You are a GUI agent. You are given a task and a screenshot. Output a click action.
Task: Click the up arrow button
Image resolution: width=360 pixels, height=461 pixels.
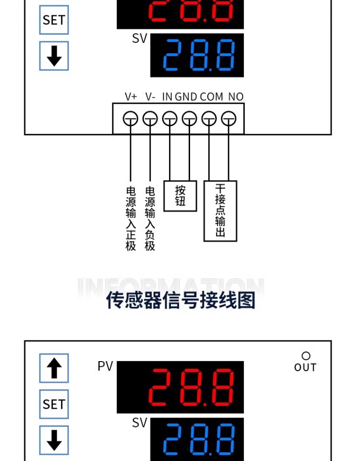(x=54, y=368)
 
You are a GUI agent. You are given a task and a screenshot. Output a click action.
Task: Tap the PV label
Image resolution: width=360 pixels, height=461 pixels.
(x=105, y=366)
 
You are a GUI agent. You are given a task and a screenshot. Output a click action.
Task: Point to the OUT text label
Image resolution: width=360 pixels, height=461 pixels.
(x=305, y=367)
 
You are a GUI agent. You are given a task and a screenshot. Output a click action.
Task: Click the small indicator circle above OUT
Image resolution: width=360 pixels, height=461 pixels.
(x=306, y=356)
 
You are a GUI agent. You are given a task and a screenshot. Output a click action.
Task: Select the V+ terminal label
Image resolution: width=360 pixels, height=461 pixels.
(x=131, y=97)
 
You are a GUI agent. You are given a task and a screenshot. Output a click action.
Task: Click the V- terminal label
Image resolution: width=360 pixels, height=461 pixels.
(x=150, y=97)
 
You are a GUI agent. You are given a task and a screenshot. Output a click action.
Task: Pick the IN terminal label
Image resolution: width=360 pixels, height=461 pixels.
(x=167, y=97)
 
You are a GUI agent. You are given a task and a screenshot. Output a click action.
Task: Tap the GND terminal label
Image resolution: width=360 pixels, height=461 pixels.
(x=186, y=97)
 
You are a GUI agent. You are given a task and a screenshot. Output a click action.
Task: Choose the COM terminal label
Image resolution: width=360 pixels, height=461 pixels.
(x=212, y=97)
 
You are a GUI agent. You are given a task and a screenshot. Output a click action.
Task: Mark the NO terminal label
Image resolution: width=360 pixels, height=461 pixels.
(x=236, y=97)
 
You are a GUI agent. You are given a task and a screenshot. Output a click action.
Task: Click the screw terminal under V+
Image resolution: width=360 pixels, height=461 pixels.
(x=131, y=119)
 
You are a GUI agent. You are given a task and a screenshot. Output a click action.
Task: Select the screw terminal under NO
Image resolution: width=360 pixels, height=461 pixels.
(x=228, y=119)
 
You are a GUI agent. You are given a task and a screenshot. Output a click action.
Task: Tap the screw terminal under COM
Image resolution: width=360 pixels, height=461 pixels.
(x=209, y=119)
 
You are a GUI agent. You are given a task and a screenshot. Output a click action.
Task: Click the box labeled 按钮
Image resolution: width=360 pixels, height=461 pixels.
(x=180, y=196)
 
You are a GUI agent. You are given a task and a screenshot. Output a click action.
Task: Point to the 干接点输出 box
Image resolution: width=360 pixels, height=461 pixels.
(x=220, y=211)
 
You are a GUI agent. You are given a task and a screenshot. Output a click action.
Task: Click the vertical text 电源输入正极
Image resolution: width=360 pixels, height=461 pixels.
(x=131, y=218)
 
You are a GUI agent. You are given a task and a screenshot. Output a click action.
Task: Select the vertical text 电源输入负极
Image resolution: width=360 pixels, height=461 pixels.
(x=150, y=218)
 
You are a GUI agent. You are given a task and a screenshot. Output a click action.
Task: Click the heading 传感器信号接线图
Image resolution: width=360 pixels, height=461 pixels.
(x=180, y=300)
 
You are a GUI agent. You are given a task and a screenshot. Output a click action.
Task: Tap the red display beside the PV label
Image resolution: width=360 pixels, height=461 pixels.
(x=180, y=387)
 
